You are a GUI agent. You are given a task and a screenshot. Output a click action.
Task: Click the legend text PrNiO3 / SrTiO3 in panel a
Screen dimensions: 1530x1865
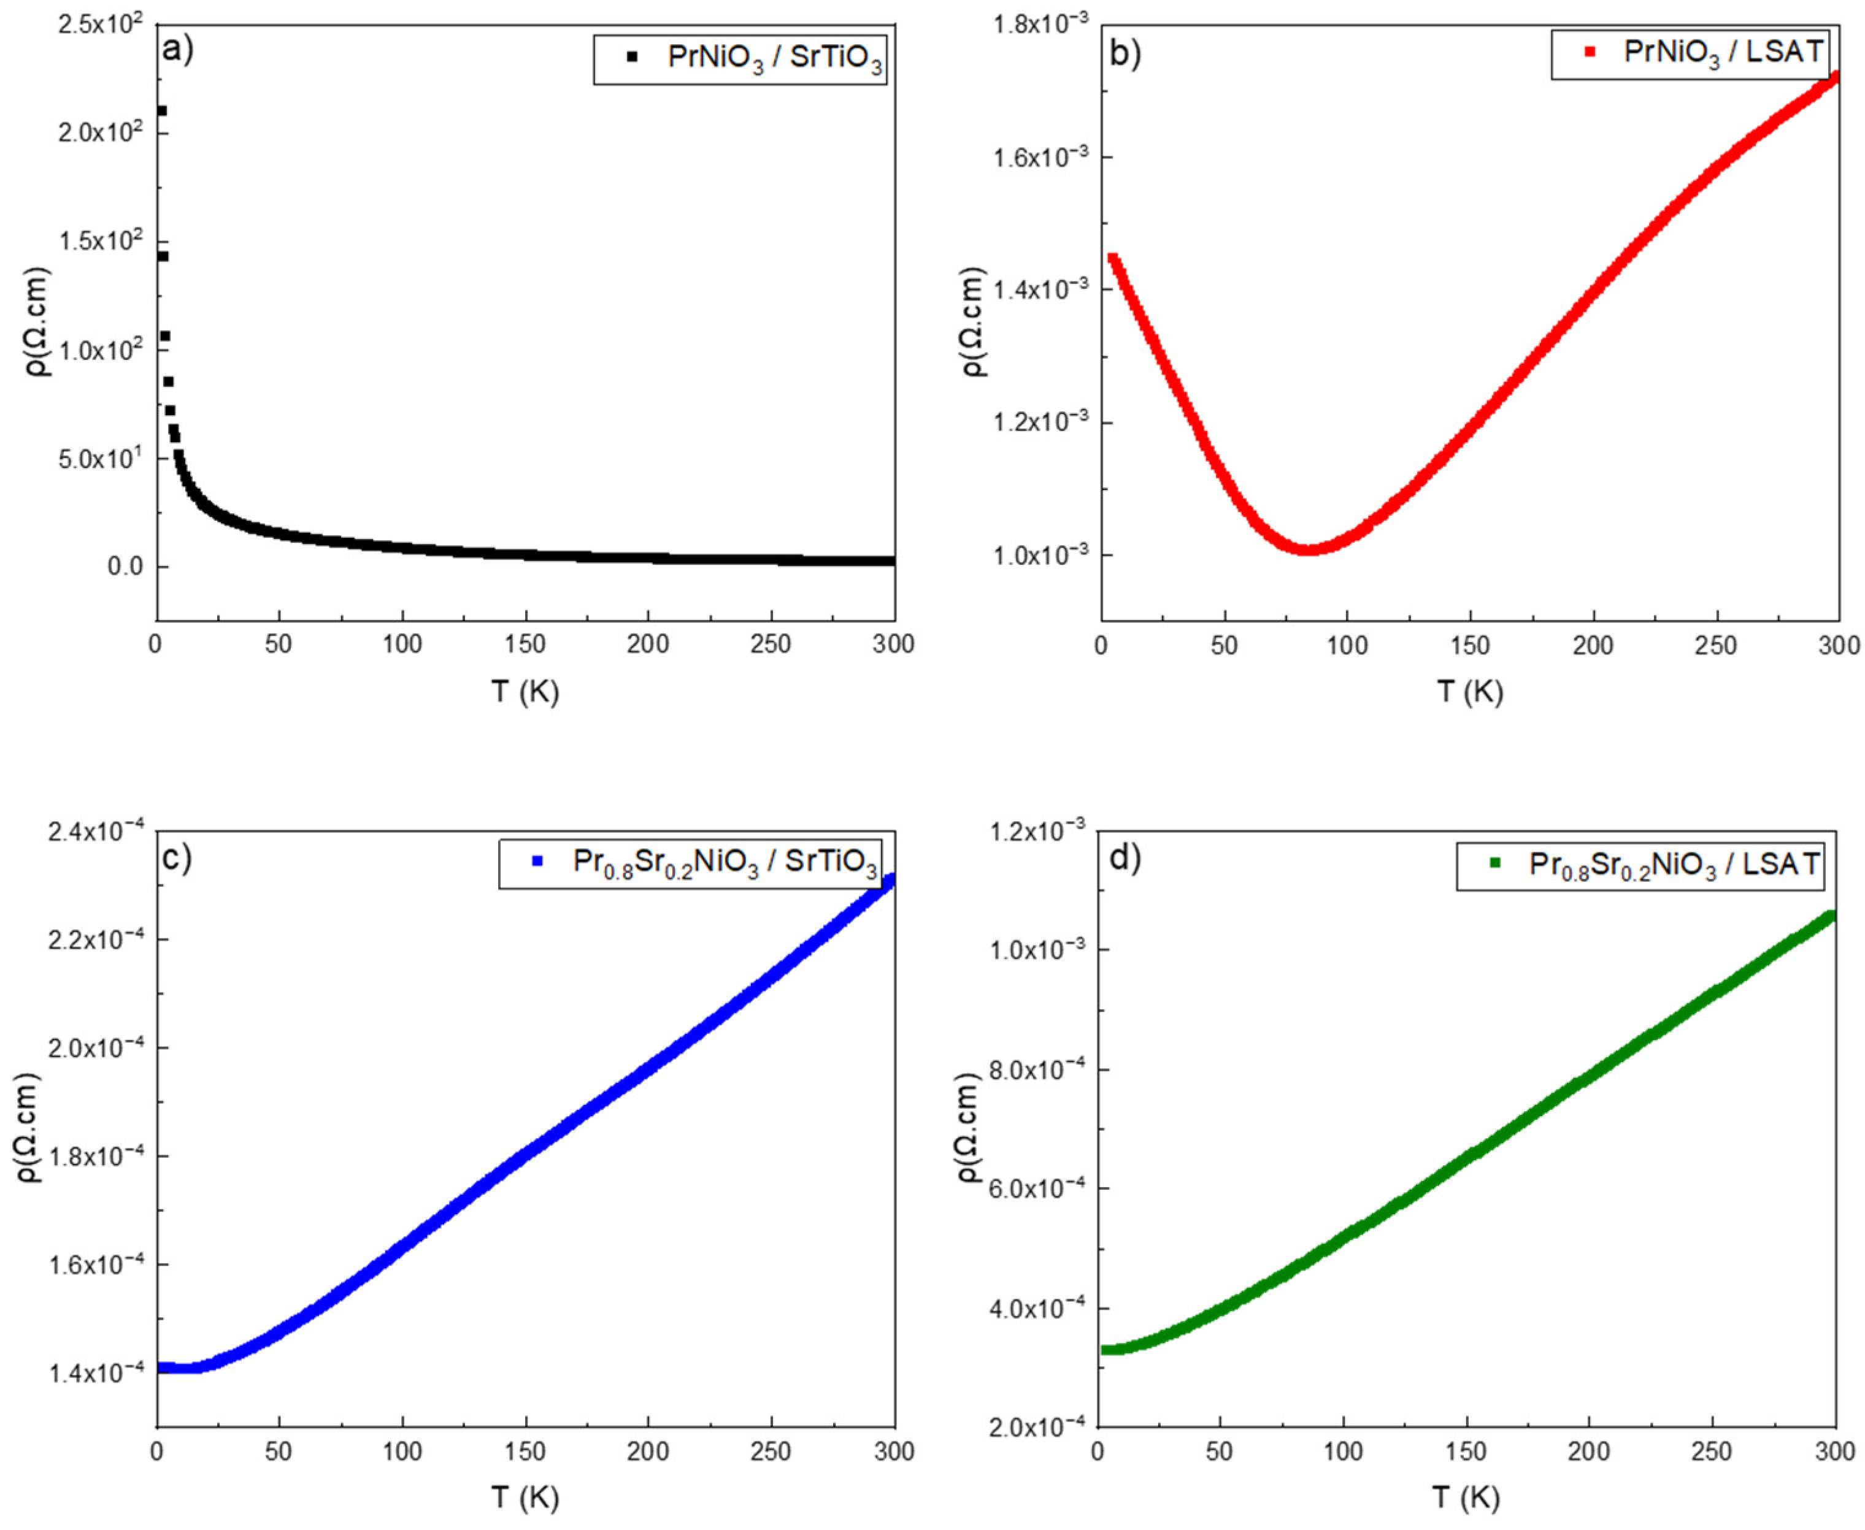(x=774, y=59)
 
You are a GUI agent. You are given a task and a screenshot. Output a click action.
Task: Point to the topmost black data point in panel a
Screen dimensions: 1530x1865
(x=161, y=111)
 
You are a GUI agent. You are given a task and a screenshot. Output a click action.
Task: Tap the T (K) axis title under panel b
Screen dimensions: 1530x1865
(x=1469, y=692)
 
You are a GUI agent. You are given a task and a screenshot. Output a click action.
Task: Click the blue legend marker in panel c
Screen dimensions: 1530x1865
(x=537, y=862)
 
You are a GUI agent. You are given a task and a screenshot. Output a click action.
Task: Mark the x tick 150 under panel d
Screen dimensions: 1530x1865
(x=1466, y=1452)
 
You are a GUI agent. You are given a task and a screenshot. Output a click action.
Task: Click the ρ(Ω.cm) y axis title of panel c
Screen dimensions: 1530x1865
(x=32, y=1128)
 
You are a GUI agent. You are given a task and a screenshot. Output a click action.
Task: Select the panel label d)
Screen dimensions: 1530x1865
(x=1125, y=857)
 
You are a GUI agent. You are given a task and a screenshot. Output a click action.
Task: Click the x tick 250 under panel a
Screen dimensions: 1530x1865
(x=772, y=645)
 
